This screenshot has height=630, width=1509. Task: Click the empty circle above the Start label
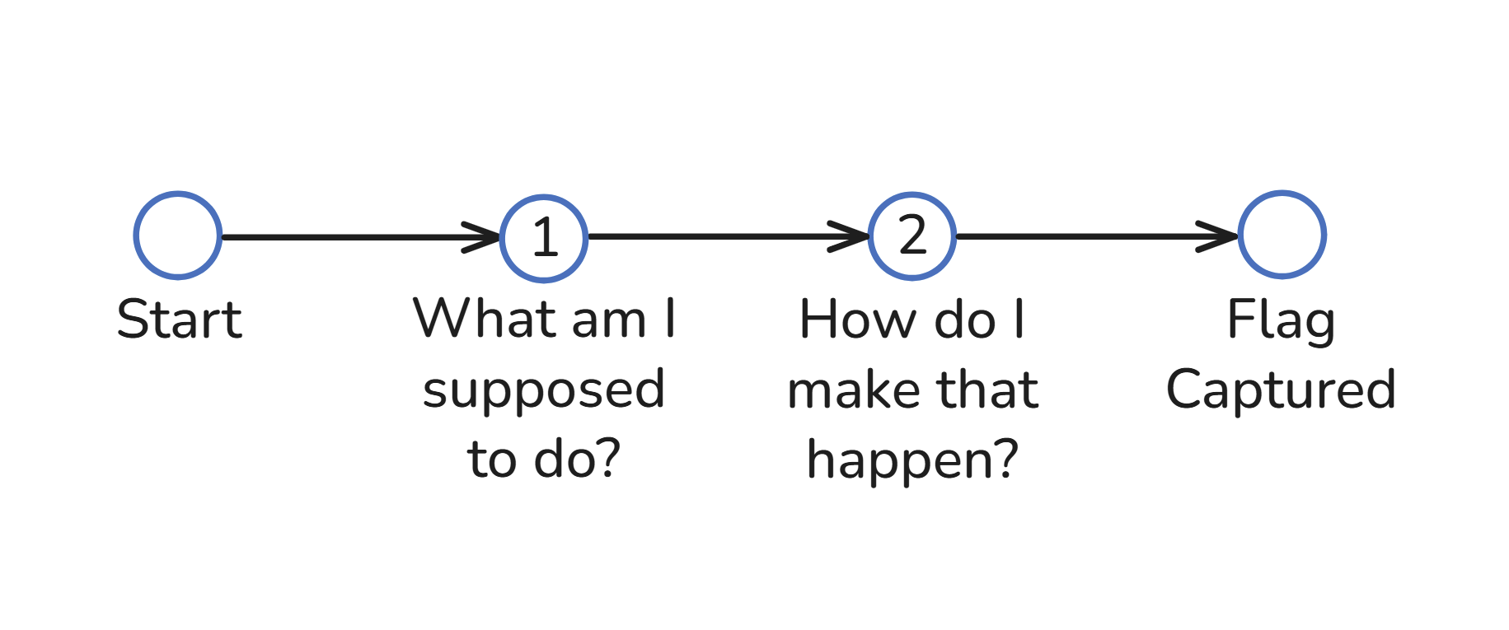click(x=178, y=236)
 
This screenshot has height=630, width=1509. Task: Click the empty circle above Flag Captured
click(x=1282, y=235)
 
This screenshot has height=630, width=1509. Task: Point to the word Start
click(x=179, y=320)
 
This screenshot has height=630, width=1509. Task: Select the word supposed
click(x=544, y=390)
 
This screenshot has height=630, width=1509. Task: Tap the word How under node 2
click(x=856, y=320)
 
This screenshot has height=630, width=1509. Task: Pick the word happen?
click(x=912, y=460)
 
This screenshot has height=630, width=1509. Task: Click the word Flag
click(x=1281, y=320)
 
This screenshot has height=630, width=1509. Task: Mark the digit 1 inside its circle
click(x=545, y=239)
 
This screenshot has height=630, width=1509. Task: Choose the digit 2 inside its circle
click(x=912, y=236)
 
